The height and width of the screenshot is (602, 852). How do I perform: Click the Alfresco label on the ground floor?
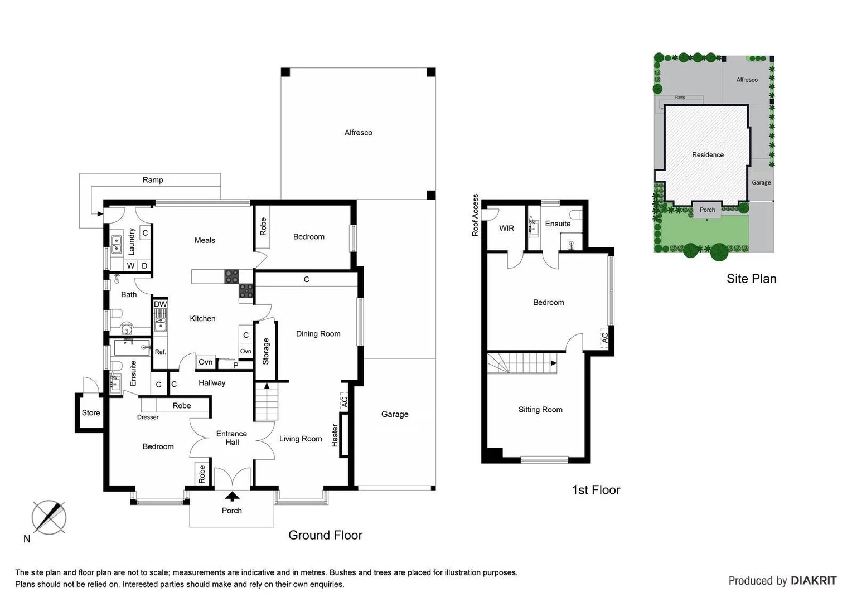click(x=358, y=133)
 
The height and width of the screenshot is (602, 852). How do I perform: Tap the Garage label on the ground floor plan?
click(x=395, y=414)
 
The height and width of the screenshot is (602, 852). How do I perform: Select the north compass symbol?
click(x=49, y=517)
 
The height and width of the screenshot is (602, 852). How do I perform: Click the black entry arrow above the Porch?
click(x=232, y=496)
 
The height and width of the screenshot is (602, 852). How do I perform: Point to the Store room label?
click(x=91, y=413)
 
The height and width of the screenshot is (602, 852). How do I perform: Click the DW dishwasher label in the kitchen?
click(x=160, y=304)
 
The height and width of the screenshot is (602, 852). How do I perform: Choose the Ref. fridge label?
click(x=161, y=352)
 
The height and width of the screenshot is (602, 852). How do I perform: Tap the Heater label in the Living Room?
click(x=335, y=435)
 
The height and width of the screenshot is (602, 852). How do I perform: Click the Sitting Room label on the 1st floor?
click(x=540, y=410)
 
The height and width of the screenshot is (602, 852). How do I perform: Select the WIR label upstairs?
click(x=506, y=229)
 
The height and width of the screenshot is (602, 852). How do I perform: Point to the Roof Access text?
click(x=475, y=215)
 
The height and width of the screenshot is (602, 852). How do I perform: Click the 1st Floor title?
click(x=596, y=490)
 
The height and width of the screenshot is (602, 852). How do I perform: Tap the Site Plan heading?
click(x=751, y=279)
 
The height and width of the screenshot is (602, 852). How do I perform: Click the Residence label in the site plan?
click(x=708, y=155)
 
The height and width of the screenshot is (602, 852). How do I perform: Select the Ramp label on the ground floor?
click(x=153, y=180)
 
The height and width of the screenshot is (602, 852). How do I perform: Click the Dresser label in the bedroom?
click(x=148, y=417)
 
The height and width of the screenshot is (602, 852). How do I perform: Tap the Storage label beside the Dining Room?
click(x=266, y=351)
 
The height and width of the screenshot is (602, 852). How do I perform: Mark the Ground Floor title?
click(x=325, y=535)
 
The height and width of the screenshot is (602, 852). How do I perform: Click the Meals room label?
click(x=205, y=240)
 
